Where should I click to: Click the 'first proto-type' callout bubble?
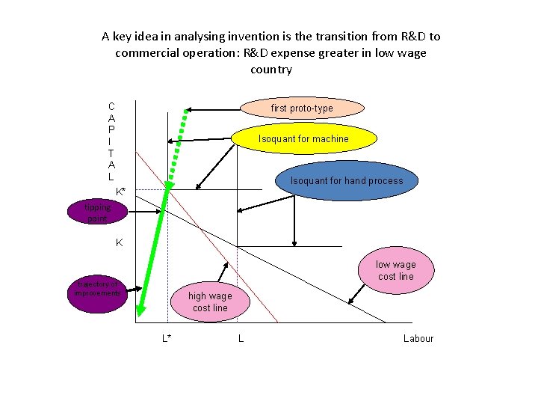click(x=302, y=108)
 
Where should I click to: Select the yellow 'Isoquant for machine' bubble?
click(x=303, y=138)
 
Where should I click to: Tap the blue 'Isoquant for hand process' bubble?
click(x=346, y=180)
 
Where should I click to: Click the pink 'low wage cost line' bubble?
click(x=395, y=270)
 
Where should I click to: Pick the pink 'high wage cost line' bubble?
click(x=210, y=302)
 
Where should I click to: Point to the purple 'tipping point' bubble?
click(x=96, y=212)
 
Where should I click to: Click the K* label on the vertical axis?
click(x=121, y=192)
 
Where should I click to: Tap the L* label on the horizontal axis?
click(x=167, y=338)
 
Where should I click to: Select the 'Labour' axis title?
click(x=418, y=338)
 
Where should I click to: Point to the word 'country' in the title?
click(x=271, y=69)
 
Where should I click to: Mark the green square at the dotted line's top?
click(x=187, y=110)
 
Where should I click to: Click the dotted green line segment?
click(x=178, y=150)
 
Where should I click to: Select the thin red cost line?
click(x=224, y=254)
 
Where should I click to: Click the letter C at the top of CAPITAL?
click(x=111, y=106)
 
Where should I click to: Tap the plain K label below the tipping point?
click(x=119, y=242)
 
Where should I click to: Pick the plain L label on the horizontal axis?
click(x=241, y=338)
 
